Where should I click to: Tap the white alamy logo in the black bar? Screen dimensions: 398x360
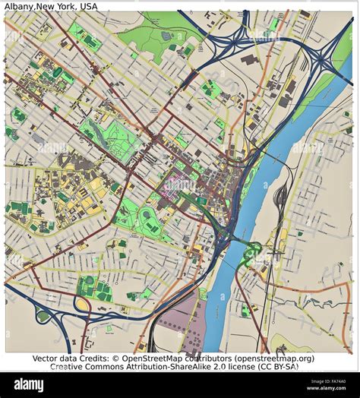coord(28,385)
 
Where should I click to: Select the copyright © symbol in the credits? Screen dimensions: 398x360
coord(116,358)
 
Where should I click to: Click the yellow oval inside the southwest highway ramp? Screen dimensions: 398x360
coord(81,305)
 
